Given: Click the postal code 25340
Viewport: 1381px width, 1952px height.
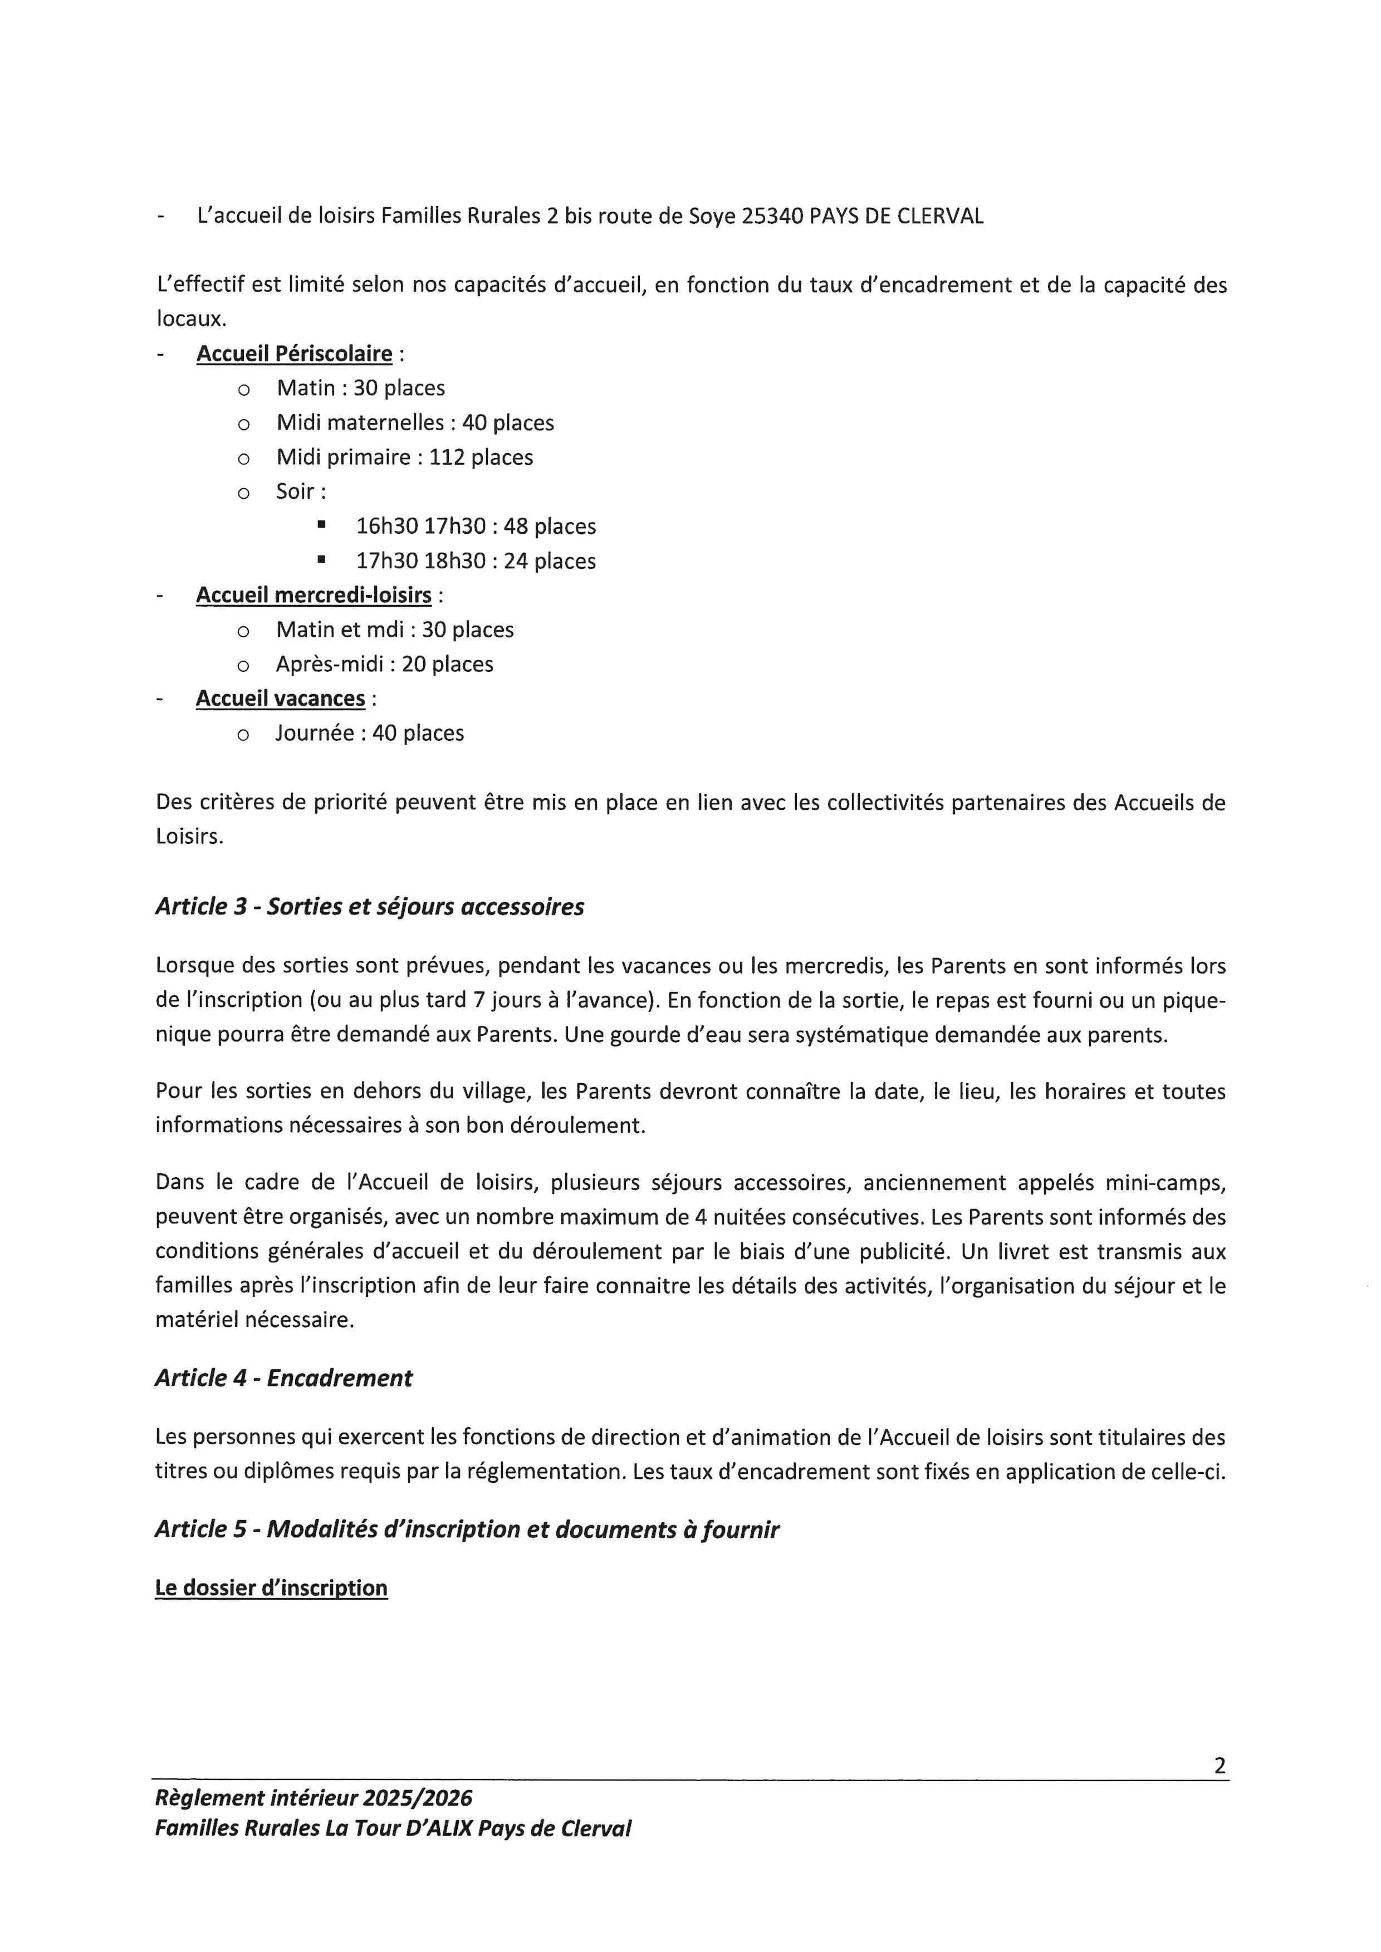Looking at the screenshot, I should [772, 216].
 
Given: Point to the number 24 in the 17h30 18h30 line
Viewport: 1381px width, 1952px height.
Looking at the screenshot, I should [516, 561].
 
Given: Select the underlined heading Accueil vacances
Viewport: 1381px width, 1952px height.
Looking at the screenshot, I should [281, 699].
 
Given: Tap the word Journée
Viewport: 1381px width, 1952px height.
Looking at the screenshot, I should [315, 733].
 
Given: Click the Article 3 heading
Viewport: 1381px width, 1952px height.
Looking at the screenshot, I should [369, 907].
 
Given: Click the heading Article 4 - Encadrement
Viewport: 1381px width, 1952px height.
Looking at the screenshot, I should [283, 1378].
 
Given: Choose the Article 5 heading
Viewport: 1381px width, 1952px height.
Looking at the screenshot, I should [467, 1530].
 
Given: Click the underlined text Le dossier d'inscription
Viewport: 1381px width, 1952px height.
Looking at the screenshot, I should [271, 1588].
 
